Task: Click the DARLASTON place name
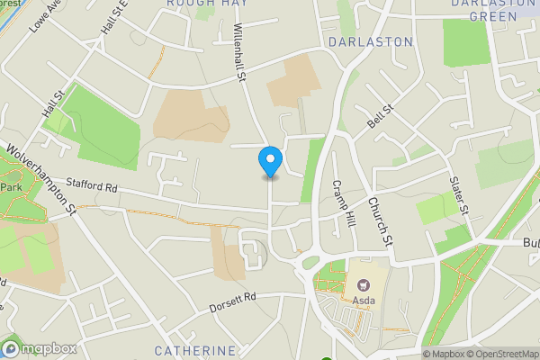pos(371,42)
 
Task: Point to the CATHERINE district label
pos(194,350)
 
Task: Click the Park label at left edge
pos(10,186)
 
